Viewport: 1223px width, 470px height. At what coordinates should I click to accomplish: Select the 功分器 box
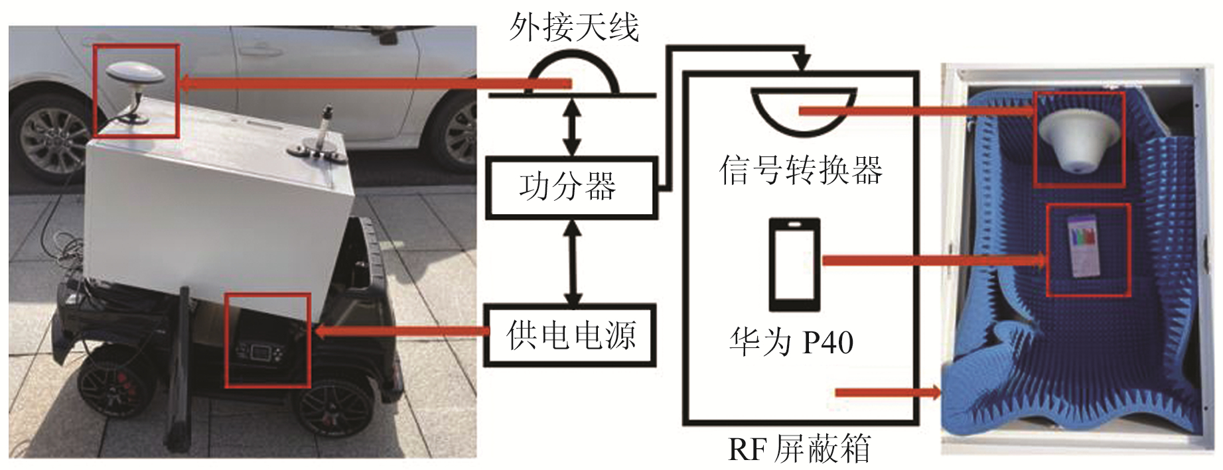(571, 188)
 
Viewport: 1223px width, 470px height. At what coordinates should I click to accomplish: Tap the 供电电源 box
(571, 335)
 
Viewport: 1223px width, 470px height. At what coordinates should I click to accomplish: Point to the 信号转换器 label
(800, 170)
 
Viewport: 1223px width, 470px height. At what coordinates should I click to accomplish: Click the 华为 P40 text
(791, 342)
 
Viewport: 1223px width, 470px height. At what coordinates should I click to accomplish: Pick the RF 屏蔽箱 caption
(799, 449)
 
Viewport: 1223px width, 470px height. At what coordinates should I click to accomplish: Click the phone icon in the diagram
(794, 264)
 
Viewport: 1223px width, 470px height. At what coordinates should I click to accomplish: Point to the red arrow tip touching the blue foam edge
(937, 392)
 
